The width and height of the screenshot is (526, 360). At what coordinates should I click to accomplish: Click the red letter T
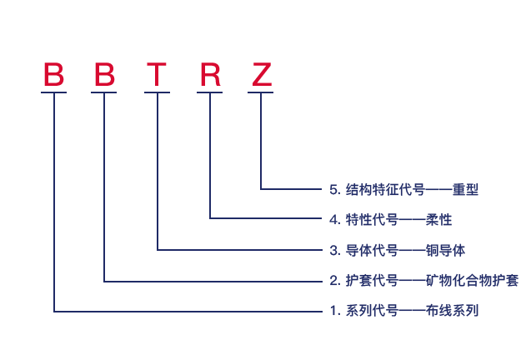coord(157,75)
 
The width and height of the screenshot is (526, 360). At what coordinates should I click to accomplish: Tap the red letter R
coord(210,75)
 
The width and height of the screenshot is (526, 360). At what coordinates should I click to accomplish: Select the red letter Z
coord(261,75)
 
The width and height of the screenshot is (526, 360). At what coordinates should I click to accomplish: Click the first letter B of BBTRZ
coord(53,75)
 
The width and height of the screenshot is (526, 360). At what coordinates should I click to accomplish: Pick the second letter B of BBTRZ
coord(104,75)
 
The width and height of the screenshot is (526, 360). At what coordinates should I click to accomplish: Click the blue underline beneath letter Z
coord(261,92)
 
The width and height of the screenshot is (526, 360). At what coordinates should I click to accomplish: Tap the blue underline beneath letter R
coord(210,92)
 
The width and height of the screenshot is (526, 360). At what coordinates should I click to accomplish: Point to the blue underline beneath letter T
coord(157,92)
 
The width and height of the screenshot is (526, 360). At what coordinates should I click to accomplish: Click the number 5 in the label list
coord(334,190)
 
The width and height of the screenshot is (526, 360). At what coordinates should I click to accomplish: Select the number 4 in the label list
coord(334,220)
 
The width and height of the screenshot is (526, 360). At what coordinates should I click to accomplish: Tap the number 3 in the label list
coord(334,250)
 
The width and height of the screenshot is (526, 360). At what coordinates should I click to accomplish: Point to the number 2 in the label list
coord(334,281)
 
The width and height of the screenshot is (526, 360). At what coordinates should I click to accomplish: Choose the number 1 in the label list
coord(334,311)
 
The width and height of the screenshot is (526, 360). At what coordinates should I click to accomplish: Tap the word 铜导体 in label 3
coord(445,250)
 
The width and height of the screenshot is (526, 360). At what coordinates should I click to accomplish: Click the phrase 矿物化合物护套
coord(473,281)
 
